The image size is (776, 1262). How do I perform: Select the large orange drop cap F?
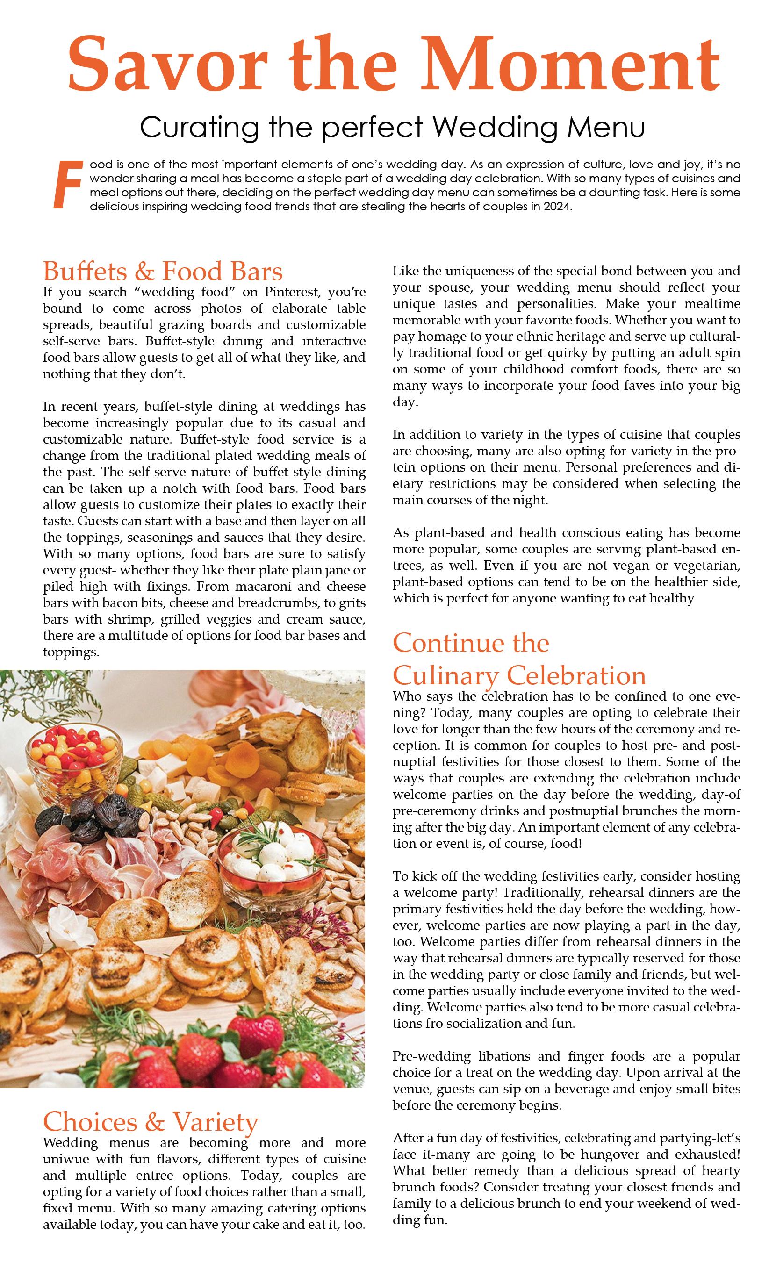[x=68, y=185]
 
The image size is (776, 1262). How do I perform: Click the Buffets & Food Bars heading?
[x=163, y=272]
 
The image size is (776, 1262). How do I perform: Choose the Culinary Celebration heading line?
[x=519, y=675]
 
